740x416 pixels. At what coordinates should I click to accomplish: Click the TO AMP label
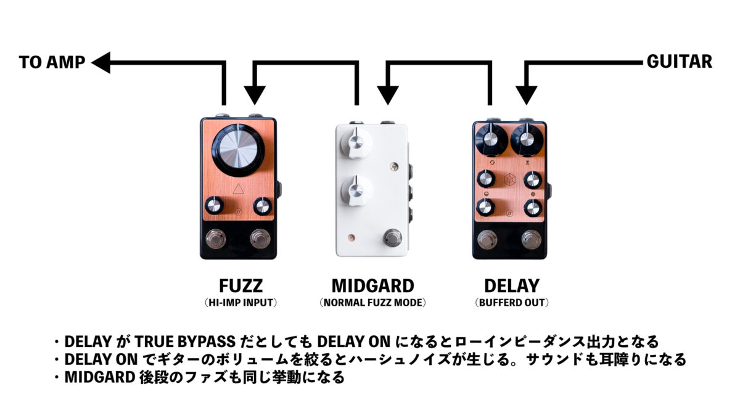[52, 62]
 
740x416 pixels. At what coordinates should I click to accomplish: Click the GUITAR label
[679, 62]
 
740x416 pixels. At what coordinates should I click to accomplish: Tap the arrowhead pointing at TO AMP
[101, 62]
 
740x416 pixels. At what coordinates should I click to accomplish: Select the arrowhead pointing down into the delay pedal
[526, 95]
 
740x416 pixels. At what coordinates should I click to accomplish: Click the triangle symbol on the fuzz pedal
[238, 189]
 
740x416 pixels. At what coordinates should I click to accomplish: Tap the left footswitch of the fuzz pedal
[216, 239]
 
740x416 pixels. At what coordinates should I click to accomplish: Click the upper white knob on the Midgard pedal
[356, 143]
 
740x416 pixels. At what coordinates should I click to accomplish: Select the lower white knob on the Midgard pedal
[356, 190]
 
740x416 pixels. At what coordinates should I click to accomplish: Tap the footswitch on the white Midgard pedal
[392, 237]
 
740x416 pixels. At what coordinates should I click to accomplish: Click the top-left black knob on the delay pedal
[491, 139]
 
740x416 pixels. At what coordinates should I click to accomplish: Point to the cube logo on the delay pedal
[510, 180]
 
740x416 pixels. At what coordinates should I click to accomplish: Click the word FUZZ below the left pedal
[241, 286]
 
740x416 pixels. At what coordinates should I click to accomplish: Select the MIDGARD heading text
[373, 286]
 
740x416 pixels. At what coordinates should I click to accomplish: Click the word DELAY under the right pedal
[512, 286]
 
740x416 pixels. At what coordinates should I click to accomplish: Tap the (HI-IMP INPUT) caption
[241, 303]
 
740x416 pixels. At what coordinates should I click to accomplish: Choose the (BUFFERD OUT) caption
[512, 303]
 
